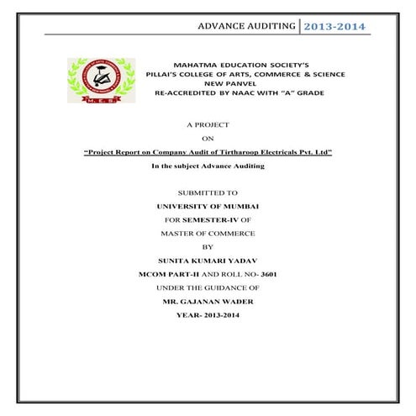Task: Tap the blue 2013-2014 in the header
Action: click(334, 26)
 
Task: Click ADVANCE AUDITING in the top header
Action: click(246, 26)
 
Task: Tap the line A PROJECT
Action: click(208, 124)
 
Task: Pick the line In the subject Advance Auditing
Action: click(208, 166)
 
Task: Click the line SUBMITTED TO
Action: click(208, 192)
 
